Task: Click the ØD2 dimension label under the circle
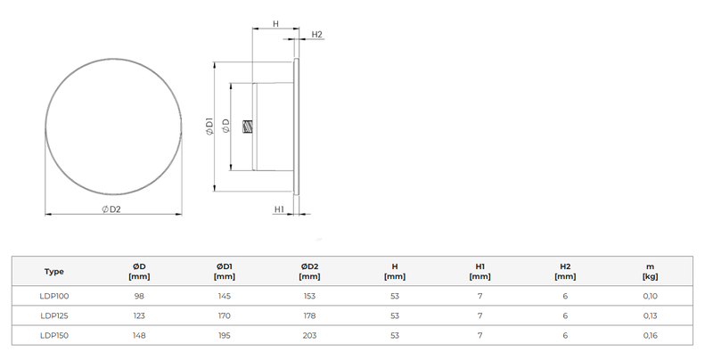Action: click(111, 209)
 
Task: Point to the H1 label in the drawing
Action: click(279, 209)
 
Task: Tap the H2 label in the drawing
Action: click(317, 35)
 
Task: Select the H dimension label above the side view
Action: click(276, 24)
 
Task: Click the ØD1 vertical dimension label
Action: click(209, 127)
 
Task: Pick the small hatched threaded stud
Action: click(248, 127)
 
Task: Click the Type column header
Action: click(54, 272)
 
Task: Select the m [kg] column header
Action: click(651, 272)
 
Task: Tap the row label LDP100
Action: click(54, 296)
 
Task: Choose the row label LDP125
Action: click(54, 316)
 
